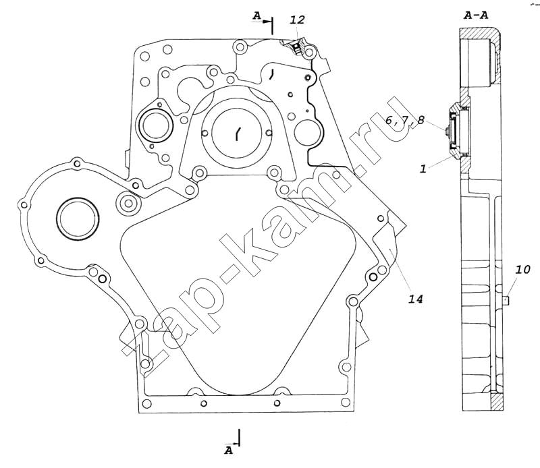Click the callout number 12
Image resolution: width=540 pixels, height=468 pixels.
point(297,21)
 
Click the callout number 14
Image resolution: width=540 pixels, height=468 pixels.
point(414,297)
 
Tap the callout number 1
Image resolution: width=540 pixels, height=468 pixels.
point(423,169)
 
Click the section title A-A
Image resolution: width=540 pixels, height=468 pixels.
point(477,13)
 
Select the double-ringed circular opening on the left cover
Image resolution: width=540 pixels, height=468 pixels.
point(78,218)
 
